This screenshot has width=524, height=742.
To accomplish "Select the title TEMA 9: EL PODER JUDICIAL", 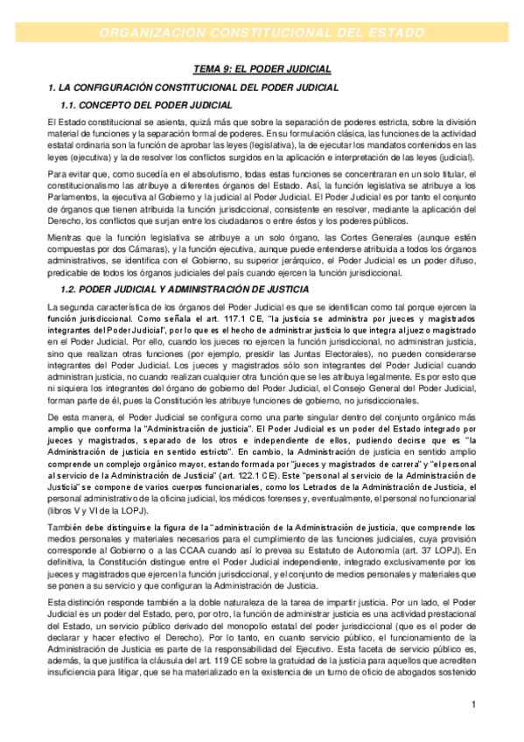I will click(262, 68).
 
